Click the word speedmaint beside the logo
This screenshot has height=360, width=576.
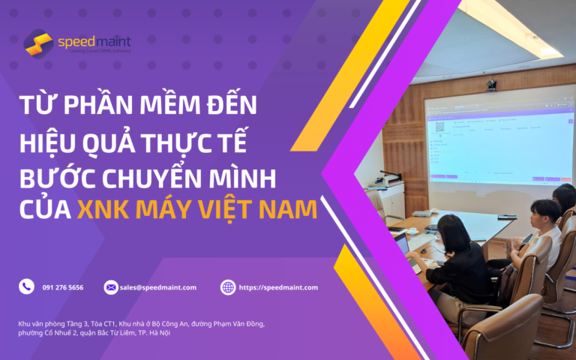pos(94,40)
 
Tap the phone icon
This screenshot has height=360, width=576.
pos(27,286)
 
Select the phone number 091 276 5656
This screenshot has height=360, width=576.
pos(63,287)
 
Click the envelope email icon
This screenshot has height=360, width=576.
pos(111,287)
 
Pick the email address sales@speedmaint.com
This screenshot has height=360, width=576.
pos(158,287)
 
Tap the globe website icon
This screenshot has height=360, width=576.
pos(228,287)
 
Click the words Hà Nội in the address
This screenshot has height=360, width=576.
pos(159,332)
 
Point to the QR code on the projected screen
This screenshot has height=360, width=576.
pos(441,127)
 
